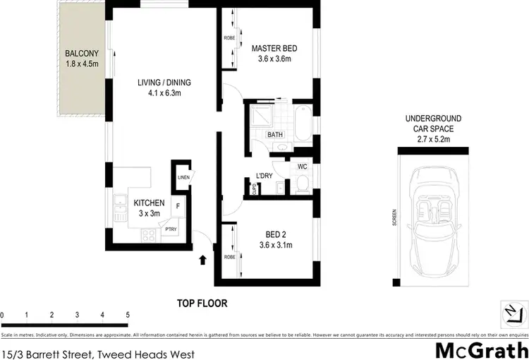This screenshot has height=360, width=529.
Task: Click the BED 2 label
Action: click(275, 239)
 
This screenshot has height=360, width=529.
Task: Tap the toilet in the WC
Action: click(301, 184)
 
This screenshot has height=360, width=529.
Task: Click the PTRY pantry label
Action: click(170, 229)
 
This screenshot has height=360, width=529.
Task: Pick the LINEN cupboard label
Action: click(183, 177)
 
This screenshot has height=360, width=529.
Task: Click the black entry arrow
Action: click(203, 260)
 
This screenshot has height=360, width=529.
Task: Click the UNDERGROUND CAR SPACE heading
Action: click(432, 129)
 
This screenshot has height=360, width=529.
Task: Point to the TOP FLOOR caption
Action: click(202, 303)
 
